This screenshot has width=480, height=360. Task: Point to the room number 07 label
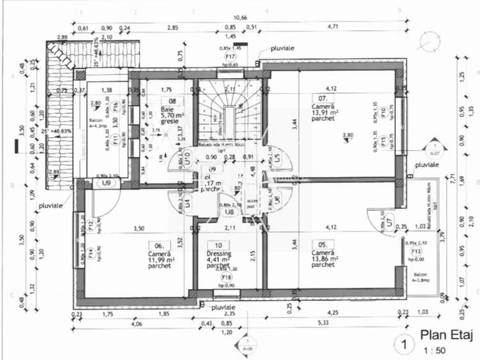point(324,98)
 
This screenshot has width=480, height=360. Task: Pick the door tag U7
point(388,222)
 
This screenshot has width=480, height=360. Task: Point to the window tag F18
point(226,277)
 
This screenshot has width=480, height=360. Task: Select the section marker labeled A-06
point(246,348)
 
